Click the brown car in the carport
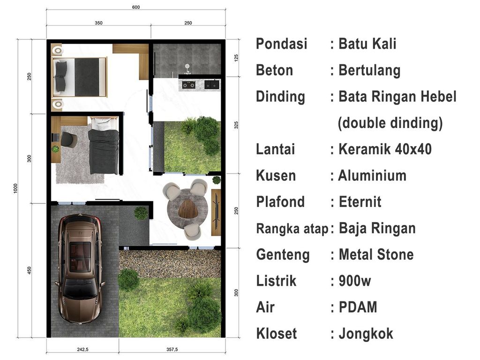coord(80,270)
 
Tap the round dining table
coord(187,208)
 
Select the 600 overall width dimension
coord(136,7)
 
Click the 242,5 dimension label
coord(82,349)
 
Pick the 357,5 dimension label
coord(172,349)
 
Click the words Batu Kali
coord(367,44)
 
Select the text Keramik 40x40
coord(384,150)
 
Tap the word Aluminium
coord(372,176)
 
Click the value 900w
coord(355,281)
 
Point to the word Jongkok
coord(366,334)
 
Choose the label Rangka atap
coord(292,229)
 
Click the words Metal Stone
coord(376,255)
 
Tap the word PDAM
coord(358,307)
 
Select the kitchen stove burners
coord(188,85)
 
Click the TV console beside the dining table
coord(216,212)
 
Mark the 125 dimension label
coord(236,59)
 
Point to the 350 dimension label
coord(98,22)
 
